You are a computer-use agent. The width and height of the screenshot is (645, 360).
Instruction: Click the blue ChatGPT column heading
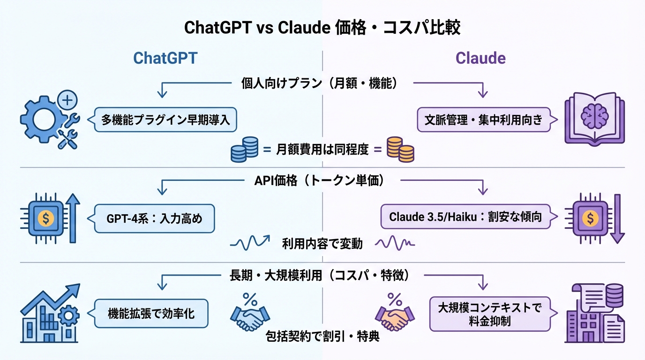pos(165,58)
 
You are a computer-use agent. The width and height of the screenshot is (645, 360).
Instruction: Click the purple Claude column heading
pos(480,58)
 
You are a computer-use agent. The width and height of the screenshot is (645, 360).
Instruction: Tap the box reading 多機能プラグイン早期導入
pos(165,120)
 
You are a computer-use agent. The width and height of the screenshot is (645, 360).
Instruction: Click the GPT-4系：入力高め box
pos(155,218)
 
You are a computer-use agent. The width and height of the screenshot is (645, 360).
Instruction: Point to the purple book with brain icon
pos(594,118)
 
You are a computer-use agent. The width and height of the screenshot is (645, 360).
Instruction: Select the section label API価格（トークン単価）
pos(322,181)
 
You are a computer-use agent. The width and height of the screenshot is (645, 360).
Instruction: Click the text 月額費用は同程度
pos(322,150)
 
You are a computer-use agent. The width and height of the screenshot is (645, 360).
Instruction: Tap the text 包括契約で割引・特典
pos(322,336)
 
